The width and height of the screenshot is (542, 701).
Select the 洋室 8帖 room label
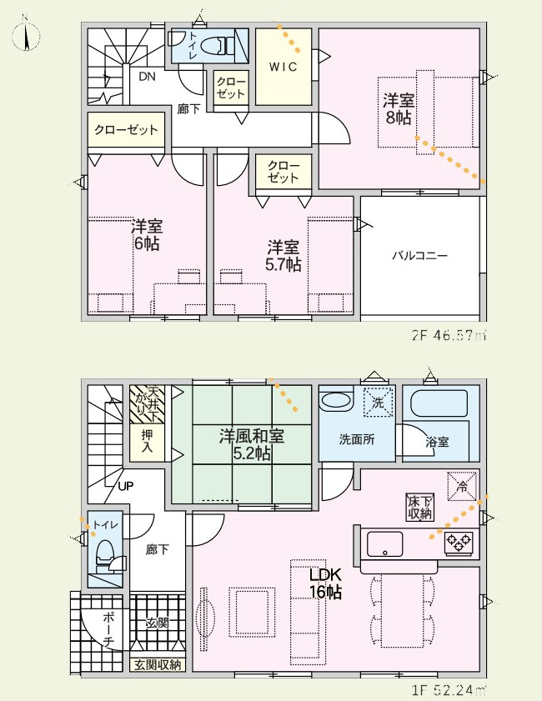pos(397,109)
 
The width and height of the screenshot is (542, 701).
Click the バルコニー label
pos(419,256)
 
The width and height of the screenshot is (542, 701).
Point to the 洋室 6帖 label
pos(146,234)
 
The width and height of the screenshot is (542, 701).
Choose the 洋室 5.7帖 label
pos(284,255)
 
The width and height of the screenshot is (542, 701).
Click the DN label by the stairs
pos(147,78)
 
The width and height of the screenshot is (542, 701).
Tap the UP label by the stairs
pos(126,485)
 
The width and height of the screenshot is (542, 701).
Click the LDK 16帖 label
pos(325,583)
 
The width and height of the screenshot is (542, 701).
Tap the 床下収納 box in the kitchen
pos(419,507)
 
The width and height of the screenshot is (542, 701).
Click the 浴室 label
pos(437,443)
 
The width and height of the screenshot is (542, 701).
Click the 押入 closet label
pos(147,439)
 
